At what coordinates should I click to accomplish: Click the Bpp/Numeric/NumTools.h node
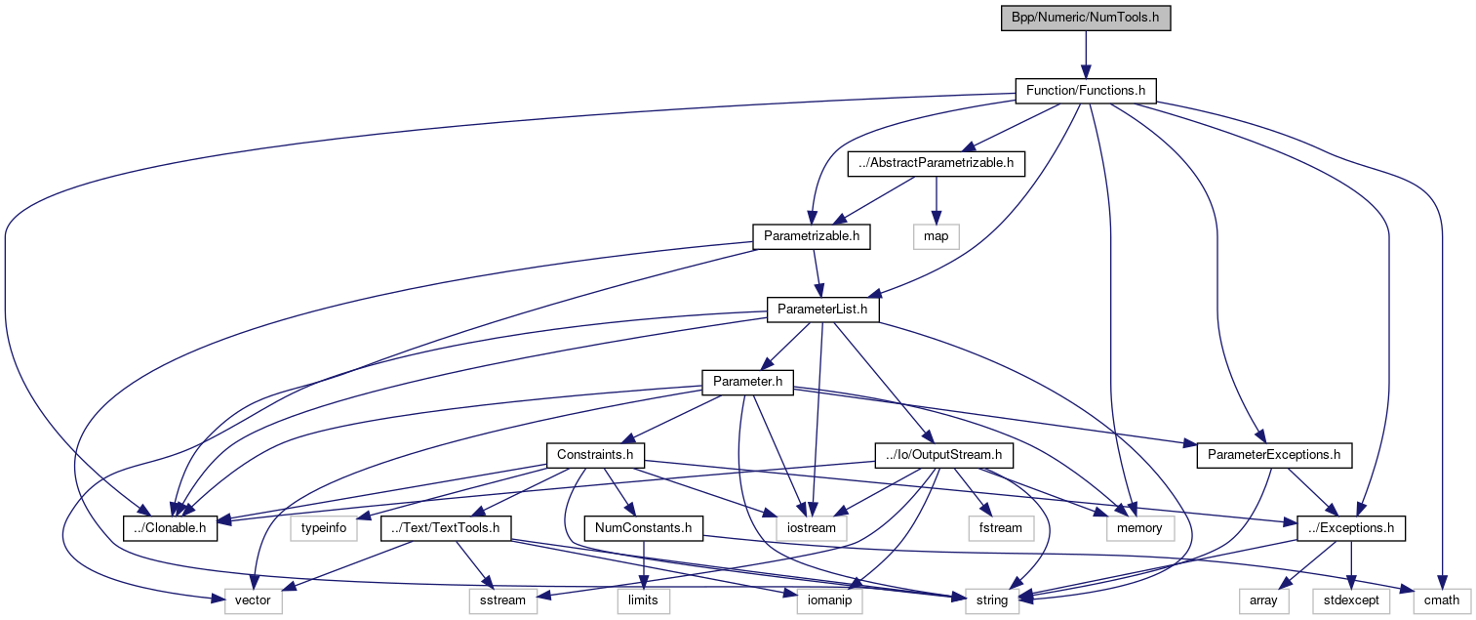pyautogui.click(x=1085, y=19)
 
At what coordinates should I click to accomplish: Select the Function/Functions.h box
pyautogui.click(x=1085, y=91)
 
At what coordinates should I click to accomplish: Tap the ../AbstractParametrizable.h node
pyautogui.click(x=936, y=163)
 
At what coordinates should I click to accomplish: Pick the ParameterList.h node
pyautogui.click(x=822, y=310)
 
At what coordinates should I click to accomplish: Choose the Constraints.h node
pyautogui.click(x=595, y=454)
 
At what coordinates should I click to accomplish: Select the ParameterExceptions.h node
pyautogui.click(x=1273, y=454)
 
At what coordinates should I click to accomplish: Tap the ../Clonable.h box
pyautogui.click(x=170, y=528)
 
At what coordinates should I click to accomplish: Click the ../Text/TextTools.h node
pyautogui.click(x=446, y=528)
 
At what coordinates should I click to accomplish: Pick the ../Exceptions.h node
pyautogui.click(x=1351, y=528)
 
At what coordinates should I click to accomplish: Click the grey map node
pyautogui.click(x=936, y=235)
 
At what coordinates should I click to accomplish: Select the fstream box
pyautogui.click(x=1001, y=528)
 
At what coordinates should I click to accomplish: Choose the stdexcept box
pyautogui.click(x=1352, y=600)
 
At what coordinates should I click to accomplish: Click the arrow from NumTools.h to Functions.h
pyautogui.click(x=1085, y=55)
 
